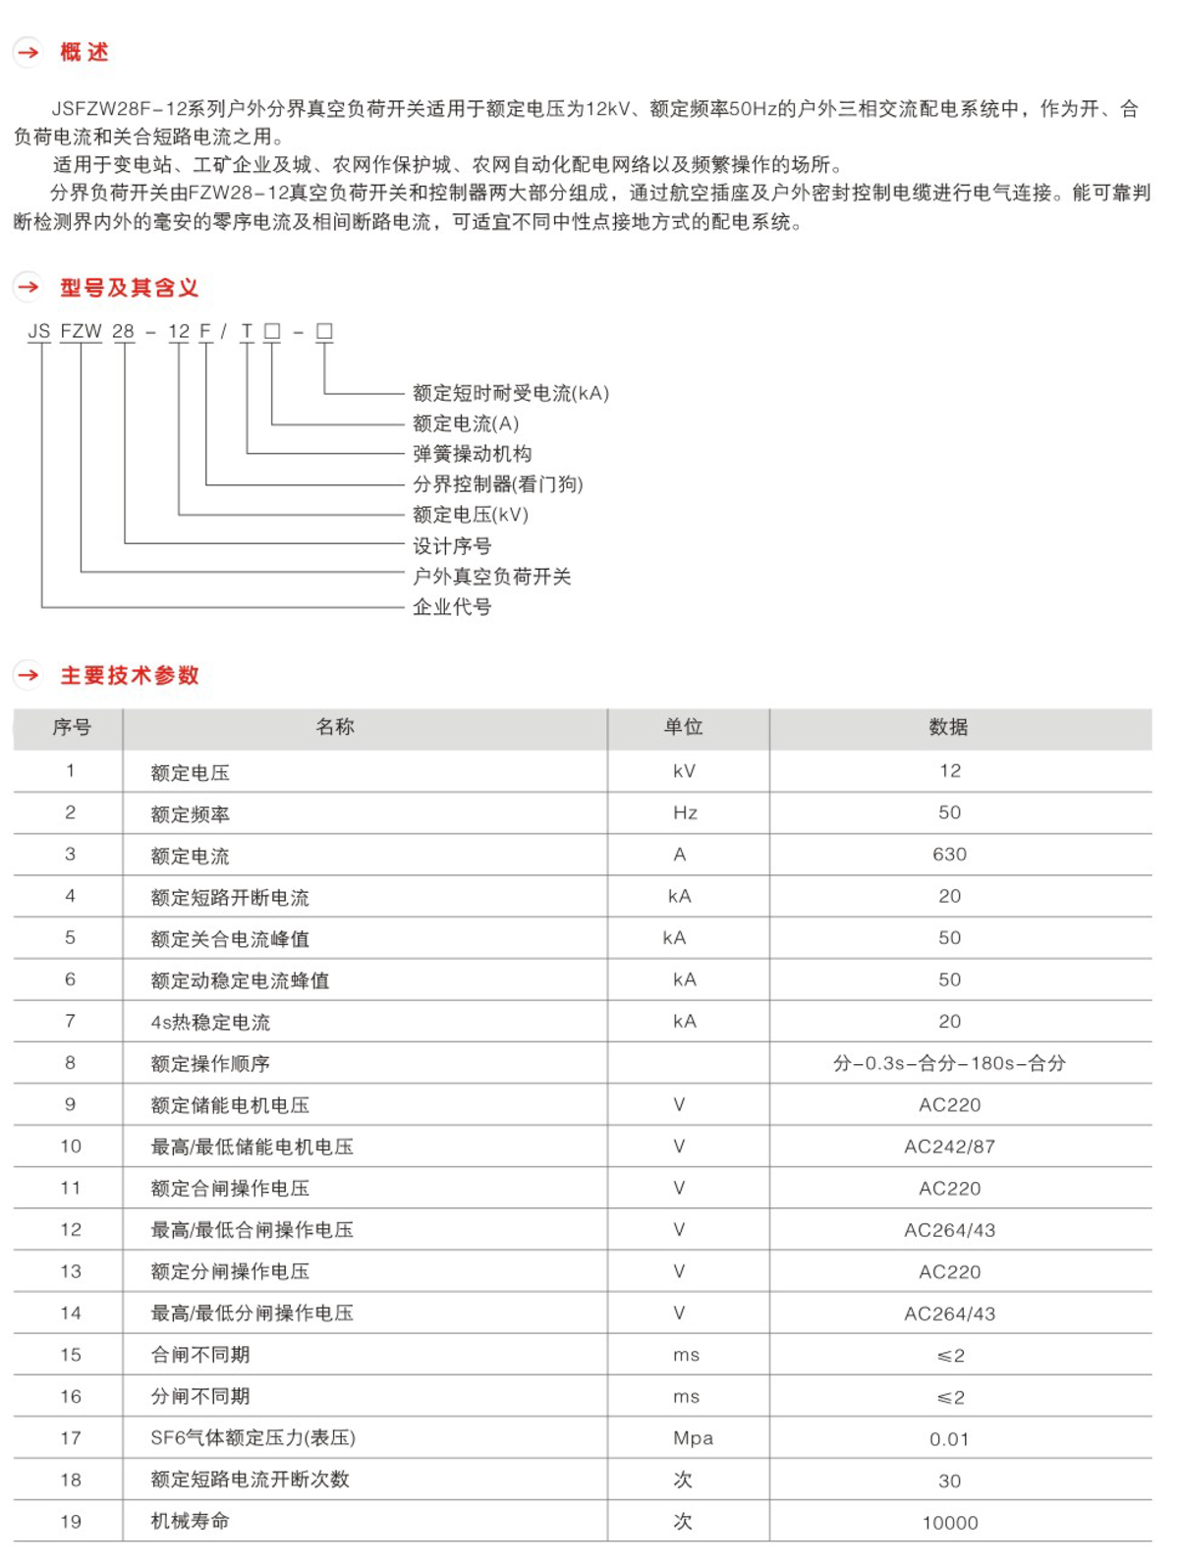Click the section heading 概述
[x=84, y=52]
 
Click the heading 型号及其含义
[x=129, y=288]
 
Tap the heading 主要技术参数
[x=130, y=675]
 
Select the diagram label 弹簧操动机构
[x=472, y=454]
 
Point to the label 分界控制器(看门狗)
[x=497, y=484]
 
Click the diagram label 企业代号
[x=452, y=607]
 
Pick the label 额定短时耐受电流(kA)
[x=511, y=393]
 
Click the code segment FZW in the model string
[x=81, y=331]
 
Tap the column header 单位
[x=684, y=727]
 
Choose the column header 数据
[x=949, y=727]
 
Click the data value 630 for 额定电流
[x=949, y=855]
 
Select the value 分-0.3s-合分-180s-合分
[x=949, y=1063]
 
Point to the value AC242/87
[x=949, y=1147]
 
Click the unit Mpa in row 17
[x=693, y=1438]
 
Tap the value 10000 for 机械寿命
[x=949, y=1523]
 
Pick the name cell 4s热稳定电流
[x=210, y=1022]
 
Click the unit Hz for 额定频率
[x=685, y=813]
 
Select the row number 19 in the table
[x=71, y=1522]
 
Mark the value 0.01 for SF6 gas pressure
[x=949, y=1439]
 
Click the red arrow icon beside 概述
[x=28, y=52]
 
